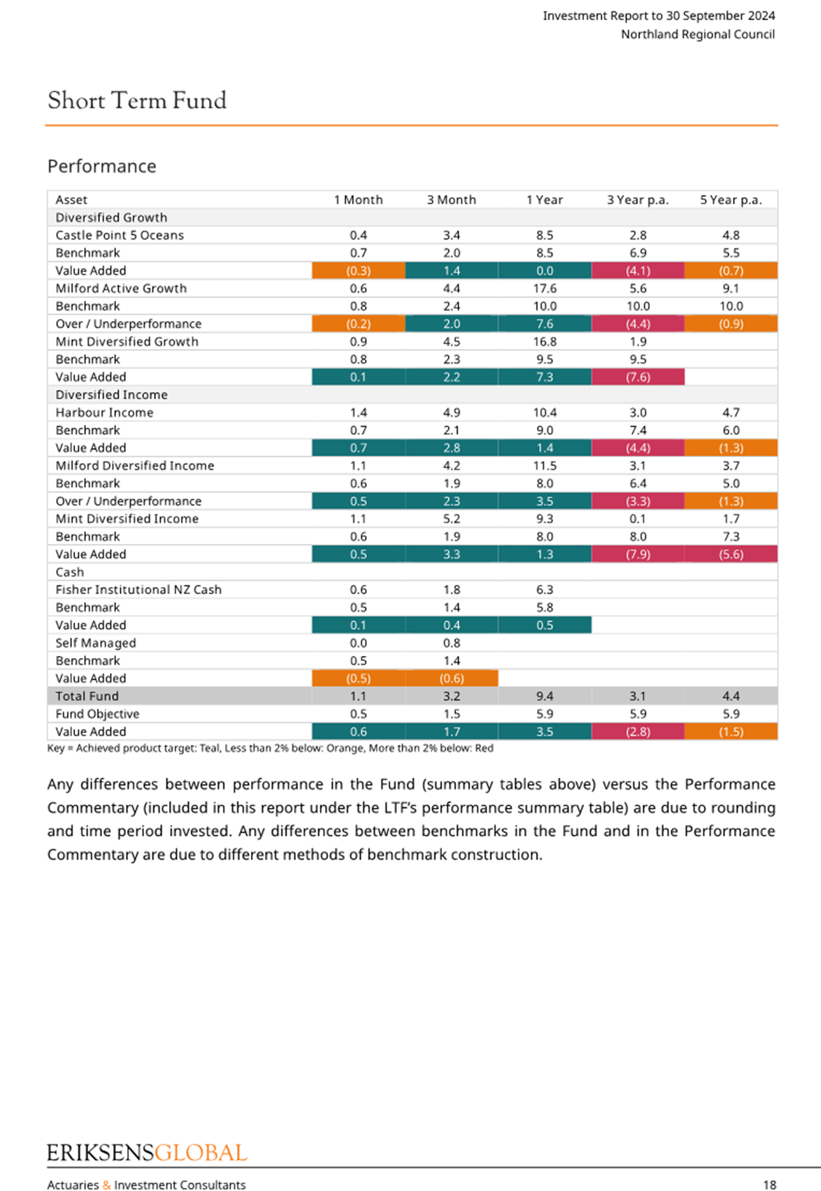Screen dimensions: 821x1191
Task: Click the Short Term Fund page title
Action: click(x=137, y=101)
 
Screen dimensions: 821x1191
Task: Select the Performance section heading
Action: click(x=102, y=166)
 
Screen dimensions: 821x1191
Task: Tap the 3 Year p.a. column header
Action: click(x=638, y=200)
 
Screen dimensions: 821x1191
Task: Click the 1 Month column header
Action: click(x=359, y=200)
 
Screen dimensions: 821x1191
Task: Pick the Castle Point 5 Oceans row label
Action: click(x=120, y=235)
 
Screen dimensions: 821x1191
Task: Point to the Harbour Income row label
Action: click(x=104, y=413)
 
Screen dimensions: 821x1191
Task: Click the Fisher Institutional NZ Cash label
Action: click(x=139, y=590)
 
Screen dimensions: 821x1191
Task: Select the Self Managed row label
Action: click(x=96, y=643)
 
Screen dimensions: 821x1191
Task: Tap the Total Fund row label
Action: click(x=87, y=696)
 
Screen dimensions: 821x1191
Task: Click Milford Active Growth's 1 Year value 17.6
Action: click(x=545, y=289)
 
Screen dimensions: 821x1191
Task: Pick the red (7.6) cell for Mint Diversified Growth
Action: click(x=638, y=377)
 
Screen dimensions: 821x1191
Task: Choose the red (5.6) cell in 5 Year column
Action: click(x=731, y=554)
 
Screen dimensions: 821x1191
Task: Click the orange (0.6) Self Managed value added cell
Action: click(x=452, y=678)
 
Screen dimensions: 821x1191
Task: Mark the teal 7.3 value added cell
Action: click(x=545, y=377)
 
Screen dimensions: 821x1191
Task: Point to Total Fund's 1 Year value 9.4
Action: click(x=545, y=696)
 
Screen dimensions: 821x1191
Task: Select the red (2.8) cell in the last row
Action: click(x=638, y=732)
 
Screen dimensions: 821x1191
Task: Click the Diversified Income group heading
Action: click(x=111, y=395)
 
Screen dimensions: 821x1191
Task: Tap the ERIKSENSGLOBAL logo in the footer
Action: click(x=147, y=1153)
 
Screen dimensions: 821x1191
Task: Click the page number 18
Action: click(x=769, y=1185)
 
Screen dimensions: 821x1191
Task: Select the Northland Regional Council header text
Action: click(x=698, y=34)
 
